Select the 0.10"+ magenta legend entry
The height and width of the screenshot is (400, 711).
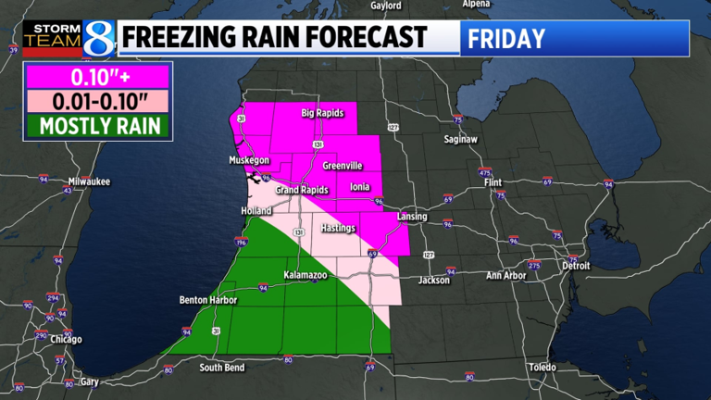tap(97, 77)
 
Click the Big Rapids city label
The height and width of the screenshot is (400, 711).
tap(322, 114)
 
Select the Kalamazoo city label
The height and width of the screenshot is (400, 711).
tap(307, 276)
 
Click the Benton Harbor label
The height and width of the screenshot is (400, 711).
tap(208, 300)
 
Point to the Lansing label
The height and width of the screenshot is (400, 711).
tap(412, 217)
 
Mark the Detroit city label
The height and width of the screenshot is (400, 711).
tap(576, 266)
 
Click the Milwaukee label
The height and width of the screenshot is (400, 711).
tap(89, 181)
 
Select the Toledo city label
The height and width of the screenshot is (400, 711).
tap(542, 367)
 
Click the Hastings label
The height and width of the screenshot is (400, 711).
tap(337, 227)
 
